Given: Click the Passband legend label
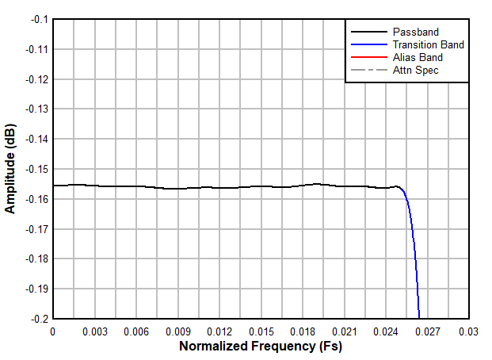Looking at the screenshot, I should (x=415, y=32).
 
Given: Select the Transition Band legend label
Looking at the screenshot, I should (x=428, y=44).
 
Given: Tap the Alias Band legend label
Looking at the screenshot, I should (x=418, y=57).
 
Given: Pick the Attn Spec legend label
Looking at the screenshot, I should (x=415, y=70).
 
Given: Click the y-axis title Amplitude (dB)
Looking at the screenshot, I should (x=10, y=168).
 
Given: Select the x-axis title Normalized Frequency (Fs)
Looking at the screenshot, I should (x=261, y=346).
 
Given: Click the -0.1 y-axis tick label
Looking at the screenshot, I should (x=36, y=19).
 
